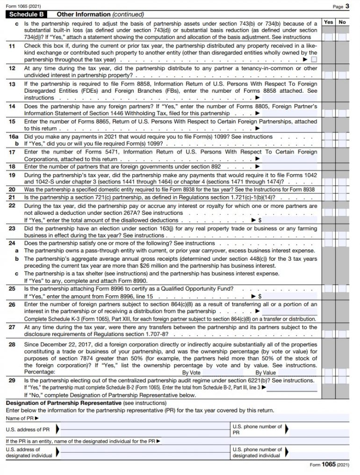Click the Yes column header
pos(329,22)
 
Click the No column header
pos(342,22)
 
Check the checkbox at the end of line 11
pos(314,60)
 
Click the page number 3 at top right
pos(347,6)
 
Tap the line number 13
pos(12,84)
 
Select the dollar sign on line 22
pos(259,220)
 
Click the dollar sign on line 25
pos(259,296)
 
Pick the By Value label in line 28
pos(266,373)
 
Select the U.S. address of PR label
pos(28,430)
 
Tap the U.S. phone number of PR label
pos(257,430)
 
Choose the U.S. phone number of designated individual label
pos(257,453)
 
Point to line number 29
pos(12,381)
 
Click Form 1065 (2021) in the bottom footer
pos(329,465)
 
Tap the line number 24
pos(12,243)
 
